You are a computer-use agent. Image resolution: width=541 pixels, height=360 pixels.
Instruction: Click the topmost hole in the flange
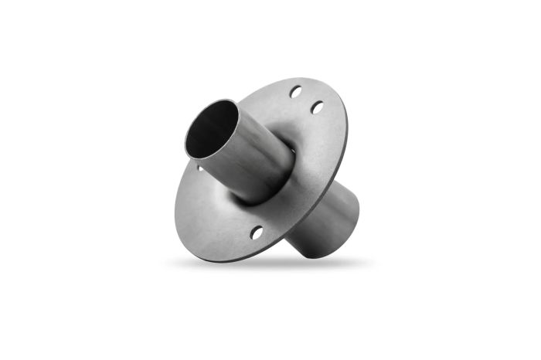tap(296, 93)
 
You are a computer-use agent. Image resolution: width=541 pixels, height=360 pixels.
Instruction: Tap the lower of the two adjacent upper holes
tap(316, 107)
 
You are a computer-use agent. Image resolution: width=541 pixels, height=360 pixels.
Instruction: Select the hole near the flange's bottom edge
tap(256, 231)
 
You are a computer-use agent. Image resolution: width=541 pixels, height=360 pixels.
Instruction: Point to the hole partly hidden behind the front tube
tap(200, 167)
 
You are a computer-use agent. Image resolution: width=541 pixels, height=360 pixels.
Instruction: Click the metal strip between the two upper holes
tap(306, 100)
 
